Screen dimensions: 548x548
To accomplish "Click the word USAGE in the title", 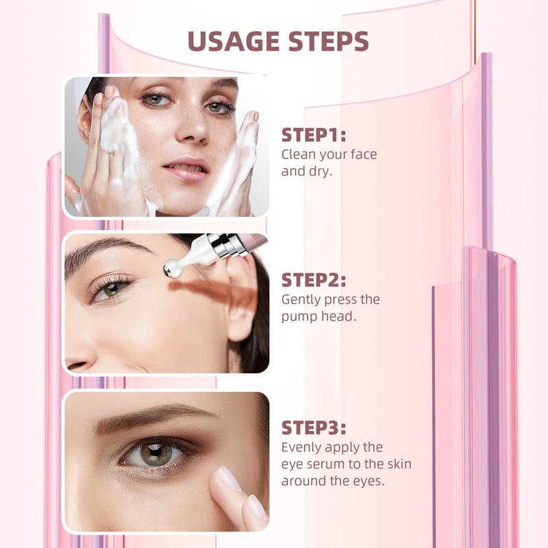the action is pos(234,41).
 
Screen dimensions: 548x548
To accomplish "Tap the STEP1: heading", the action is pos(314,135).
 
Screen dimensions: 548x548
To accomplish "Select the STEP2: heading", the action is pos(314,280).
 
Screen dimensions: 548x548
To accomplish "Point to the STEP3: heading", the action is pos(314,427).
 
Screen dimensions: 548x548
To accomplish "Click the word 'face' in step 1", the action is pos(364,154).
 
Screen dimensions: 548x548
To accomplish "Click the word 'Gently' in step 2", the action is pos(301,300).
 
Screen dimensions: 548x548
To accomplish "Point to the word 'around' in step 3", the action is pos(303,481).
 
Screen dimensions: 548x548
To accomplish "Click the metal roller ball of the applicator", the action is pos(172,269).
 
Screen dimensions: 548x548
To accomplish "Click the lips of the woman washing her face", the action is pos(186,169).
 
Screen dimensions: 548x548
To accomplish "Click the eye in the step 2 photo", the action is pos(111,289).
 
